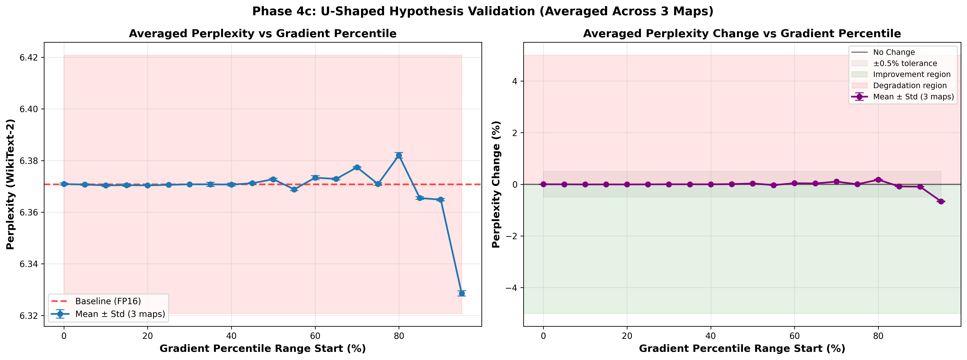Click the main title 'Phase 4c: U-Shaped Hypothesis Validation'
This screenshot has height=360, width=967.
point(483,11)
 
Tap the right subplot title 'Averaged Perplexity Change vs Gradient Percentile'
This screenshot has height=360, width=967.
point(742,34)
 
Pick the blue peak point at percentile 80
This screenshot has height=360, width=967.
point(399,155)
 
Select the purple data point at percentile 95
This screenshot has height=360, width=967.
point(941,202)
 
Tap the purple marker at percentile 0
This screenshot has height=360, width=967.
point(543,184)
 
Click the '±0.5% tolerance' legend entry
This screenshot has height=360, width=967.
point(905,63)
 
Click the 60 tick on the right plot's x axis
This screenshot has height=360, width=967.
point(794,336)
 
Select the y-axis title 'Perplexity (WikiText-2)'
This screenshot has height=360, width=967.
point(11,184)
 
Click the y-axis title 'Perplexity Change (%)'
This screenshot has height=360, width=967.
point(496,184)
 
